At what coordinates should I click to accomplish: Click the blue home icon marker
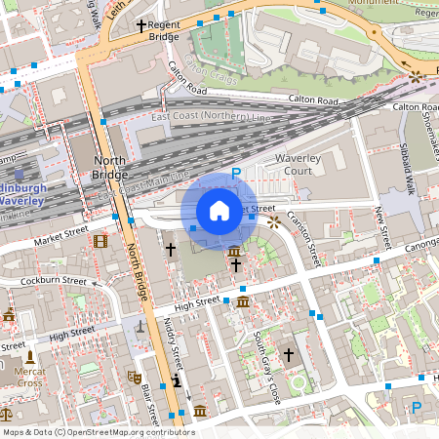219,210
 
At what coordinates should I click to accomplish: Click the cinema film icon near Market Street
100,241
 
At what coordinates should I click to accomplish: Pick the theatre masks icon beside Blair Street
135,376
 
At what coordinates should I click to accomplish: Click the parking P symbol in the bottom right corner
417,407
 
